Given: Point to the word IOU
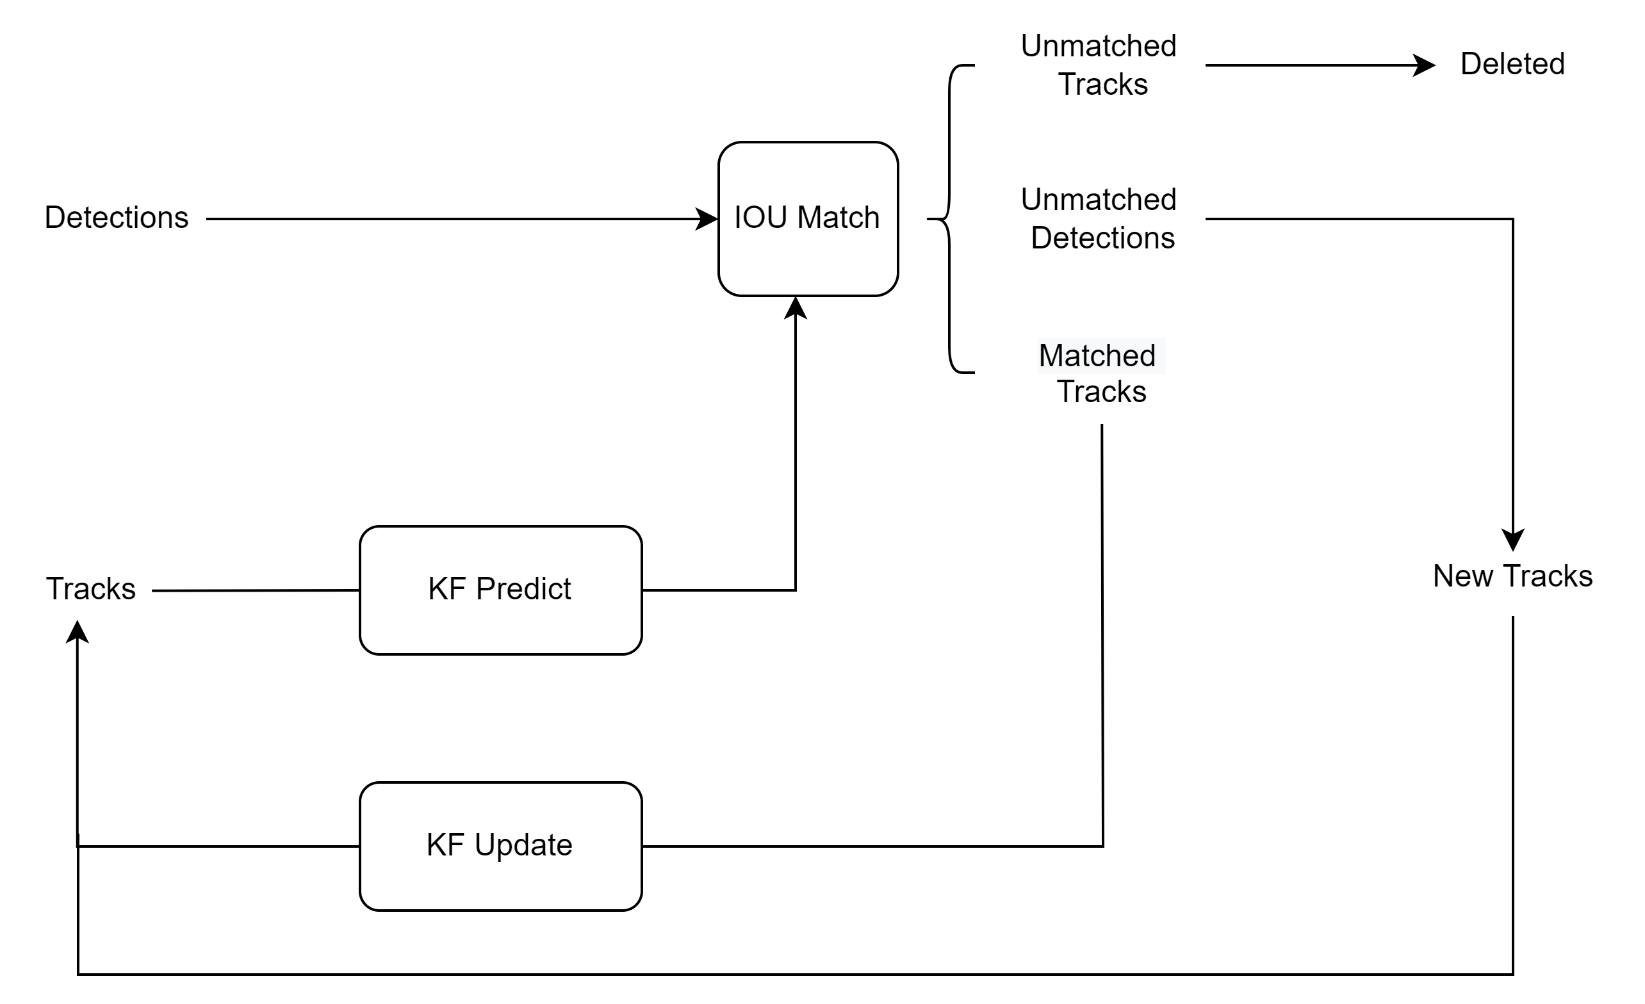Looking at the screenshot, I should (x=760, y=218).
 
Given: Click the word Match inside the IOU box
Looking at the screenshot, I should (x=839, y=218).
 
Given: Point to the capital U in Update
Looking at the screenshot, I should (x=484, y=845).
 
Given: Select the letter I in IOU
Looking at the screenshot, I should (x=738, y=218).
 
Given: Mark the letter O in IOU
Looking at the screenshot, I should (x=755, y=218).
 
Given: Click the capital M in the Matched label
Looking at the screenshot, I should (x=1053, y=356).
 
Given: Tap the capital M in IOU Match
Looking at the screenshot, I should (x=810, y=218).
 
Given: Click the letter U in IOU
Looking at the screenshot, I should (x=776, y=218).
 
